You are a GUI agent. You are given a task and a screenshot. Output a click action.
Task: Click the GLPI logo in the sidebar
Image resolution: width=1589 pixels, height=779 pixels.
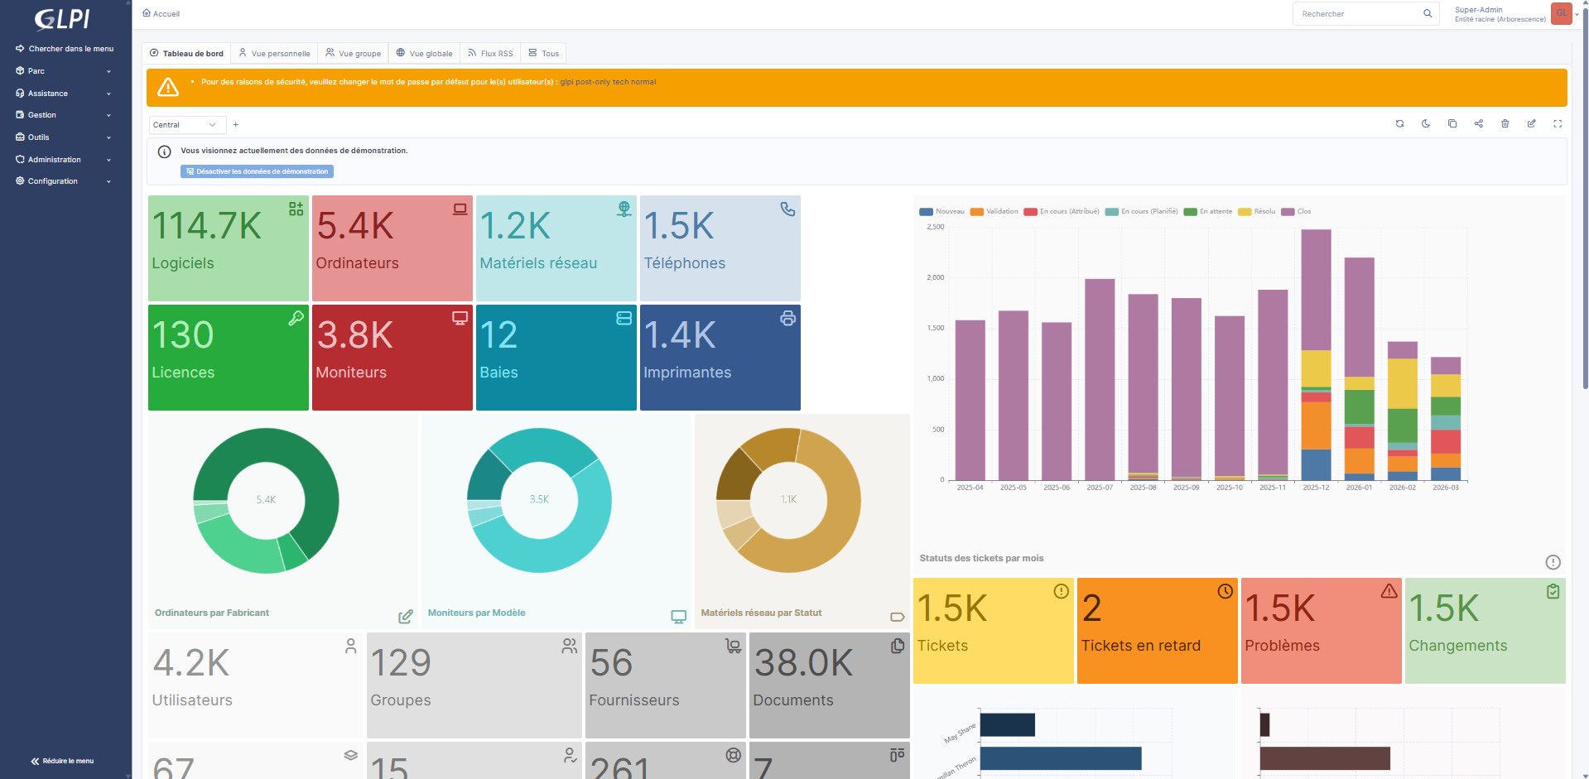(63, 19)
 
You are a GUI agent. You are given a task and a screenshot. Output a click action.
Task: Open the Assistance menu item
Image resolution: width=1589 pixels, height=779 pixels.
(48, 94)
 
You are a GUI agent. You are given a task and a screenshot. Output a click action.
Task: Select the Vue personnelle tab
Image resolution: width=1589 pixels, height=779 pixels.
(274, 54)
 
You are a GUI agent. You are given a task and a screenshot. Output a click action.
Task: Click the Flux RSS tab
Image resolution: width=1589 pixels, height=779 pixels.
(490, 54)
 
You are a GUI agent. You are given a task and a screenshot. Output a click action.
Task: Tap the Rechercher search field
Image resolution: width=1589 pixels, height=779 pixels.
(1358, 14)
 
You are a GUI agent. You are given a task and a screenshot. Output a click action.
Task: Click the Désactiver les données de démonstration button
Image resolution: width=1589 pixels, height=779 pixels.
(257, 171)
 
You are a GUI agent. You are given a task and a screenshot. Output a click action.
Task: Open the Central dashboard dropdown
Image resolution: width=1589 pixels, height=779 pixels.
(185, 125)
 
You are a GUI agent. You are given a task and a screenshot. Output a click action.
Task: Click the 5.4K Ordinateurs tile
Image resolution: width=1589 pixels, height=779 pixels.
(392, 248)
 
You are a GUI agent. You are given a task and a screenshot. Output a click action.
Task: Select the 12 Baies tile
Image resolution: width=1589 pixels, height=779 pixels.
(556, 357)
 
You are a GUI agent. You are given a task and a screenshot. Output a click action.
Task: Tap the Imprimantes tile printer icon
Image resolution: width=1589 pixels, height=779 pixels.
(787, 318)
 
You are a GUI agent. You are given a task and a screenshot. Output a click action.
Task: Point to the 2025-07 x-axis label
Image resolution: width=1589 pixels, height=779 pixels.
(1100, 488)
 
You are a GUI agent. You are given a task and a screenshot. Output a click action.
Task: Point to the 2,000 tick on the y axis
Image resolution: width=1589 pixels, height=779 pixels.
(936, 277)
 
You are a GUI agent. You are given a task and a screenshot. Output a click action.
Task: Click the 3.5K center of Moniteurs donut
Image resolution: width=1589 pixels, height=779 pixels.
(539, 499)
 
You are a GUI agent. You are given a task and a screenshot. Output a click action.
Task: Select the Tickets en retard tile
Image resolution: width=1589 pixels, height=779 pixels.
(1156, 630)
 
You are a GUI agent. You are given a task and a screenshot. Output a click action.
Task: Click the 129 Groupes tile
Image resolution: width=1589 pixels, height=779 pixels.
(473, 685)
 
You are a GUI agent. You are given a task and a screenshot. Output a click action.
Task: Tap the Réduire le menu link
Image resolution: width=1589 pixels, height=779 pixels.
(63, 761)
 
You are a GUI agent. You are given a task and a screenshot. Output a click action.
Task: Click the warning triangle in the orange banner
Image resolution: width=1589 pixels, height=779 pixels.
(168, 87)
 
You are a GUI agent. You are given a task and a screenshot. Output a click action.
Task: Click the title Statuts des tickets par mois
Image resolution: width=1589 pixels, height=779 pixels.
(981, 559)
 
